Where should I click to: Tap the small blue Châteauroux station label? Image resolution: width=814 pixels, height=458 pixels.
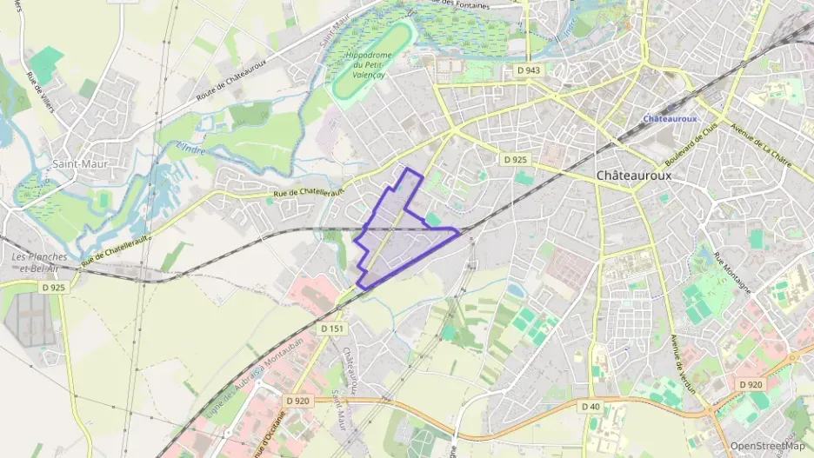coord(670,118)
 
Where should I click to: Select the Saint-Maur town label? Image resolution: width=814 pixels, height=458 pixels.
coord(79,163)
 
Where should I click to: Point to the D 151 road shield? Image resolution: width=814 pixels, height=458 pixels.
coord(331,329)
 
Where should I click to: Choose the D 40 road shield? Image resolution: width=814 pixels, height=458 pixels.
coord(590,406)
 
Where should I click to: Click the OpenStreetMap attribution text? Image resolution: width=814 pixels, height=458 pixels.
coord(767,446)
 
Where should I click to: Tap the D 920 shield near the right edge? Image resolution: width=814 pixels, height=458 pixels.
coord(750,384)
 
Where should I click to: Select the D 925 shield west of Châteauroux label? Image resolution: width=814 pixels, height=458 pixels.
coord(515,160)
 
